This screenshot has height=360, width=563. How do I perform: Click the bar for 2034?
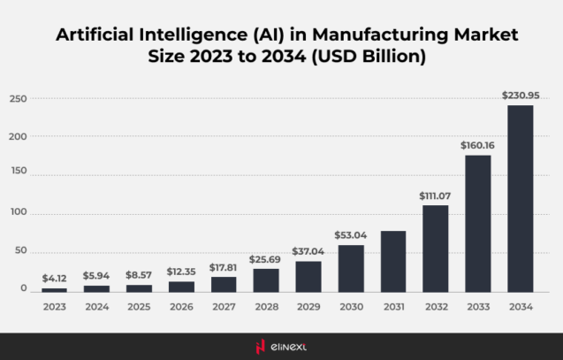(x=520, y=198)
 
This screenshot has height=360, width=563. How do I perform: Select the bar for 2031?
(x=393, y=261)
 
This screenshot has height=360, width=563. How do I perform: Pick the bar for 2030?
(x=351, y=268)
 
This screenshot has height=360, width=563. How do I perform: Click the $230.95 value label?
(x=520, y=95)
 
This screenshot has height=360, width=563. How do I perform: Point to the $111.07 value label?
(x=435, y=195)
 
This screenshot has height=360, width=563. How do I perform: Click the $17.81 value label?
(x=224, y=266)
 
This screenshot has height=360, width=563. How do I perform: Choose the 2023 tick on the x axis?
(x=54, y=306)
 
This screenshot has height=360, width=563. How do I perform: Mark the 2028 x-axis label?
(x=266, y=306)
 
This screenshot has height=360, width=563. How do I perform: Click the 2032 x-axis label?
(x=435, y=306)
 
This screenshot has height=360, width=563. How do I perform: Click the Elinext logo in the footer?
(x=281, y=346)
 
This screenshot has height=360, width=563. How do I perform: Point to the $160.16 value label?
(x=477, y=145)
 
